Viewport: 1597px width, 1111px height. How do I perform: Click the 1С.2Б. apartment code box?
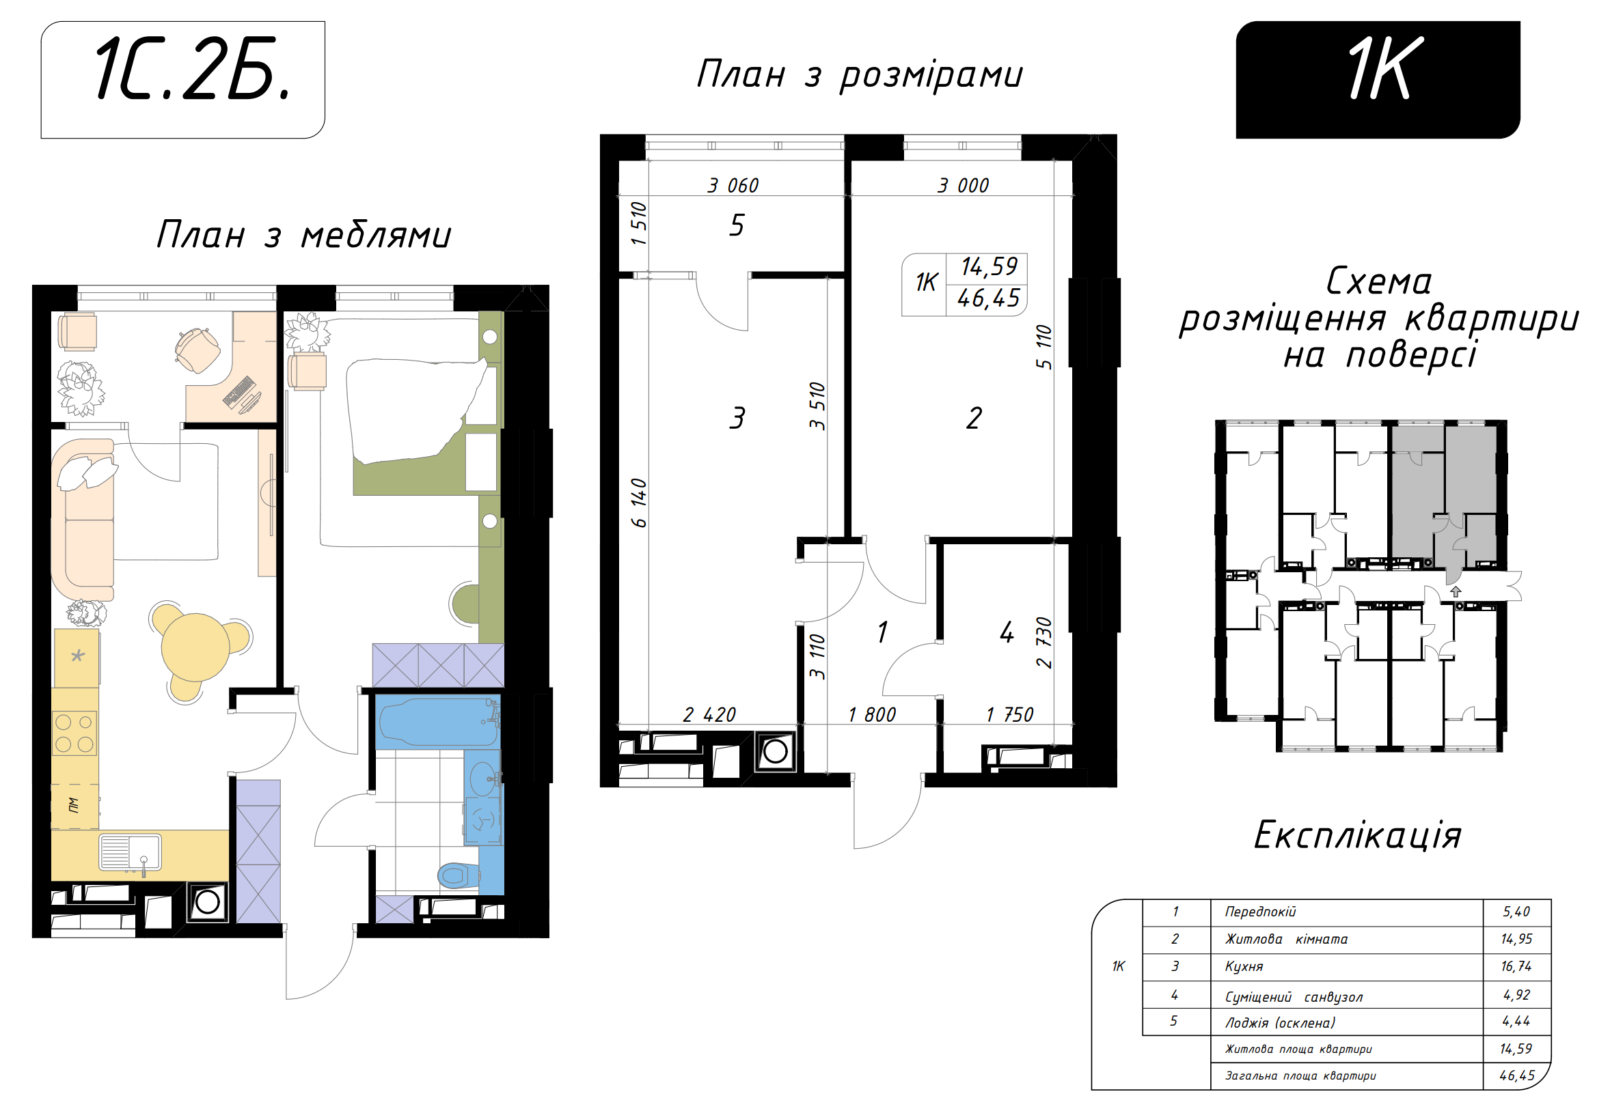183,80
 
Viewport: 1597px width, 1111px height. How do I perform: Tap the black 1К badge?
1377,80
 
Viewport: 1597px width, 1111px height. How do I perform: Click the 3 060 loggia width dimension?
733,186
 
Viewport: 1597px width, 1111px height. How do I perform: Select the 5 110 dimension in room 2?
1043,346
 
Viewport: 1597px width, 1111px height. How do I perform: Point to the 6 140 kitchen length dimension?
639,503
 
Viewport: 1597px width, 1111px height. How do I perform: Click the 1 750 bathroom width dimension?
1009,715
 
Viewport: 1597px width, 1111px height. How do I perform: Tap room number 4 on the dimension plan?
1007,632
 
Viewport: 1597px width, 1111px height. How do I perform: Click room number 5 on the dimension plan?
737,225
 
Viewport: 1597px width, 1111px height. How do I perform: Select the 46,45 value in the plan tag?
987,298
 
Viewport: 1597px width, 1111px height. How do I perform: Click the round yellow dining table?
195,647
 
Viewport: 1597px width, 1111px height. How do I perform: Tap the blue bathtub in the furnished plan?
437,722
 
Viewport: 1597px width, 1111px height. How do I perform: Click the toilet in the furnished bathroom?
459,875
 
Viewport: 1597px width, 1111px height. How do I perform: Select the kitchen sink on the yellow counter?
131,852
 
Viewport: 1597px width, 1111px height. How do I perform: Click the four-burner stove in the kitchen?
74,733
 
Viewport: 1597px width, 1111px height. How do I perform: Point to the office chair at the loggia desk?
197,350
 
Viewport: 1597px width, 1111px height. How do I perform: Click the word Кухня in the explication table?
1244,966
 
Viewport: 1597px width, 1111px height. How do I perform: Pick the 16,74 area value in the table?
1516,966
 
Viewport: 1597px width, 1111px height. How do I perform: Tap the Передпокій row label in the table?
1260,912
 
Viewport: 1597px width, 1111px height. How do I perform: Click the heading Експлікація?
1357,835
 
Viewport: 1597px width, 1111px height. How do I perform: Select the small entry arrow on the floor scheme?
1456,591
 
